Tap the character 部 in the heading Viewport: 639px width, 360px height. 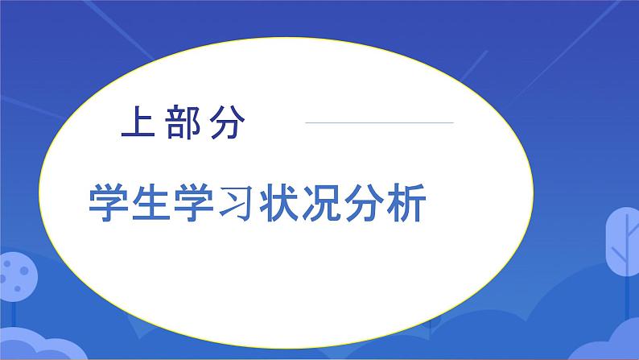coord(181,123)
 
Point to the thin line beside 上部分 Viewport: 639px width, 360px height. coord(378,123)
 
